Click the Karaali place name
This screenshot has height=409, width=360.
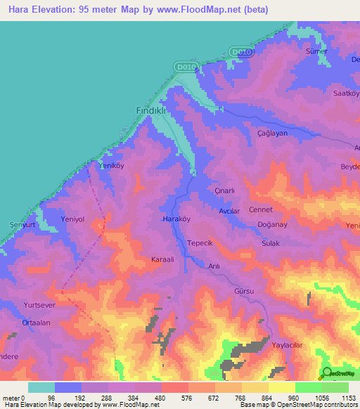tap(167, 259)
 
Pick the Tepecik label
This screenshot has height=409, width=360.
tap(204, 243)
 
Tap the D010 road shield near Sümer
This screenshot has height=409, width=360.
tap(240, 52)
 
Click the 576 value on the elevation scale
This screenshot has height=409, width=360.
tap(174, 397)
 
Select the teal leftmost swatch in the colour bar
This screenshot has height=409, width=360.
tap(41, 387)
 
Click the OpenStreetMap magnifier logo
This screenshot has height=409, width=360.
tap(326, 374)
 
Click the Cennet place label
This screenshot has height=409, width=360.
tap(261, 209)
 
